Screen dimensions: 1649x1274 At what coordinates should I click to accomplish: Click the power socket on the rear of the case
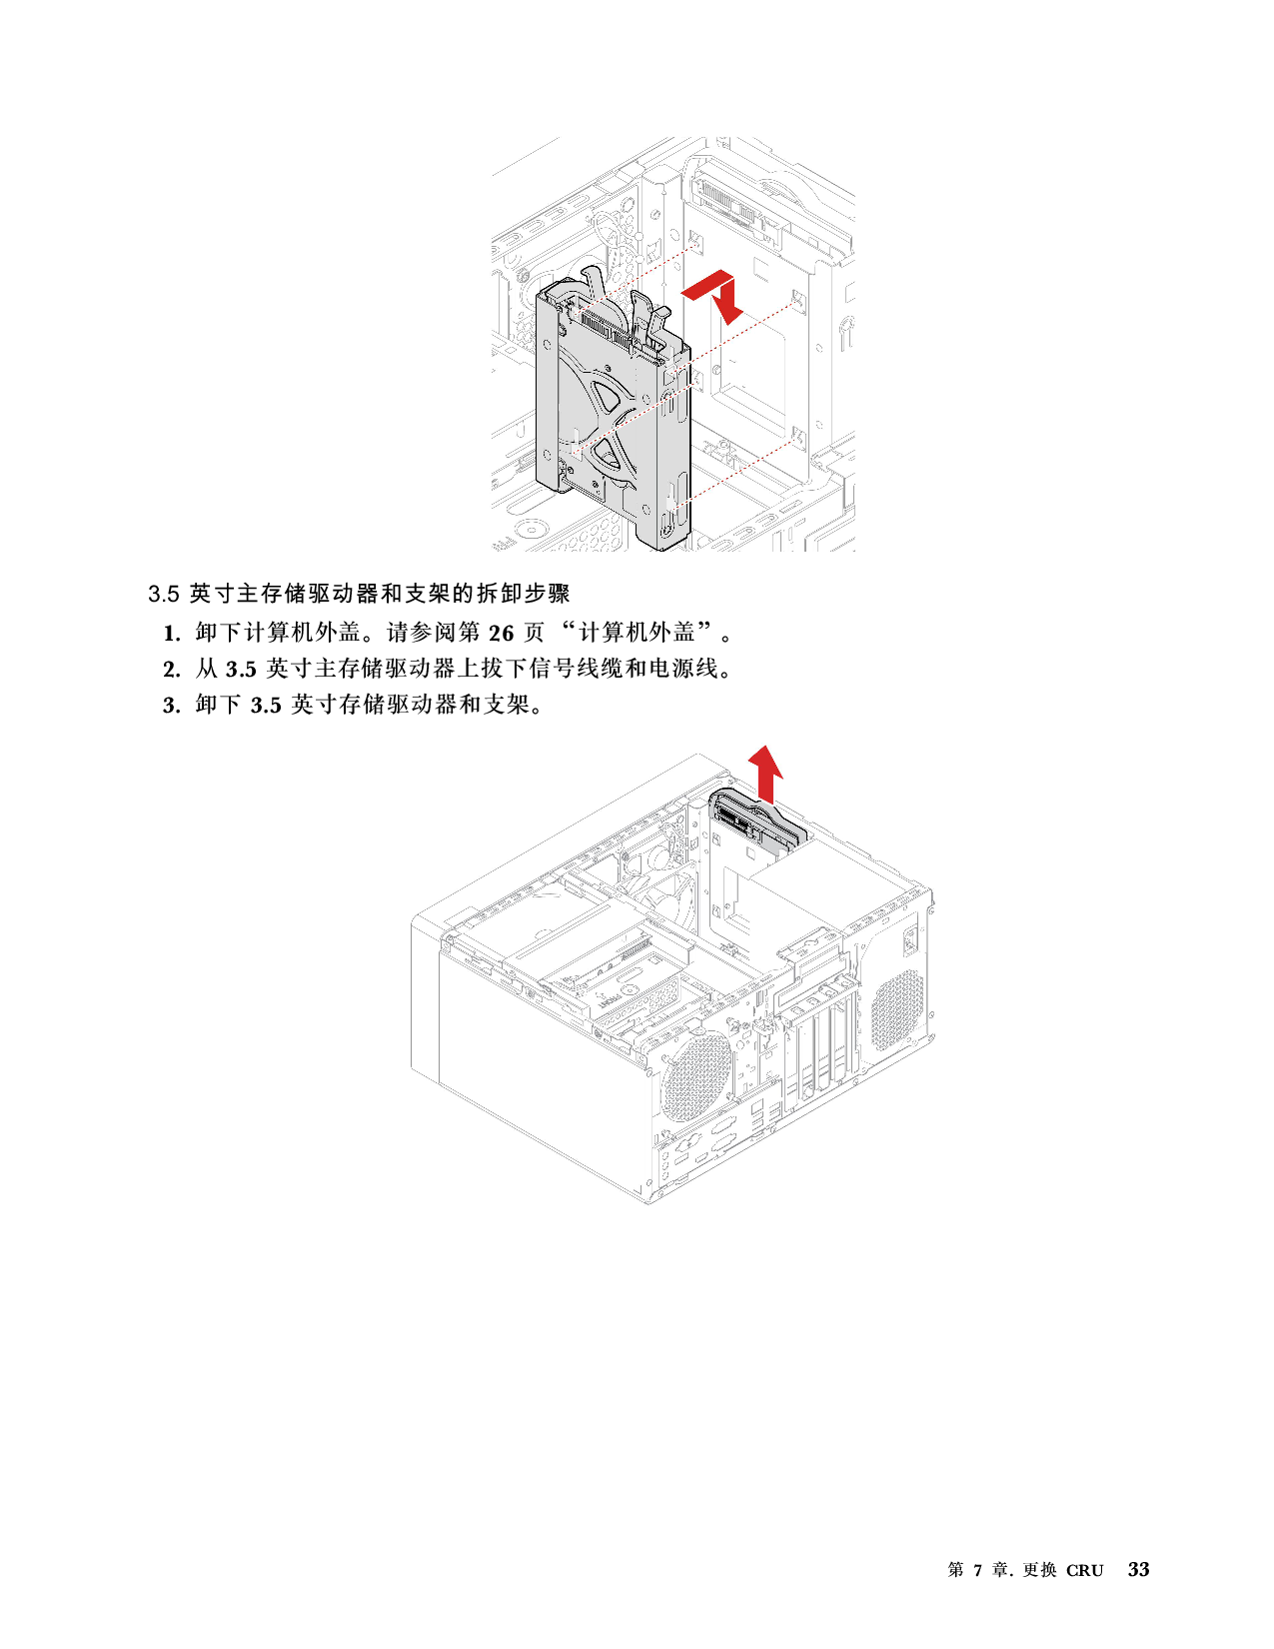(910, 941)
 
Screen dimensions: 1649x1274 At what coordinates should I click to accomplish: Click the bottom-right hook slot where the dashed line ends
(798, 437)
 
